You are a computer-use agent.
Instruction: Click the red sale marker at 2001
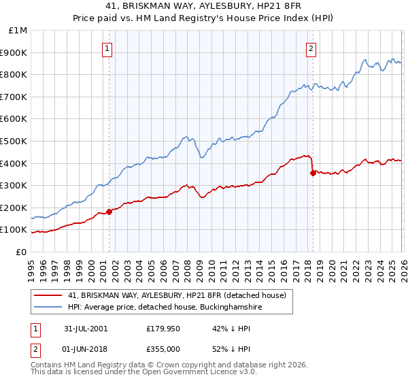pyautogui.click(x=109, y=212)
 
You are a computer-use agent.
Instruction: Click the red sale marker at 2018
pyautogui.click(x=312, y=173)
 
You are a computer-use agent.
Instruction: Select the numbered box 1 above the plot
pyautogui.click(x=108, y=48)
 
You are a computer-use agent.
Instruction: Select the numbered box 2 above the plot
pyautogui.click(x=311, y=48)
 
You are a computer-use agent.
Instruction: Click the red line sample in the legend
pyautogui.click(x=48, y=295)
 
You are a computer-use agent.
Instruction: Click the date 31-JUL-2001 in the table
pyautogui.click(x=86, y=329)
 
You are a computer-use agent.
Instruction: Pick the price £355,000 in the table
pyautogui.click(x=167, y=350)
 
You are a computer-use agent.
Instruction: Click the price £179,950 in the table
pyautogui.click(x=167, y=329)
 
